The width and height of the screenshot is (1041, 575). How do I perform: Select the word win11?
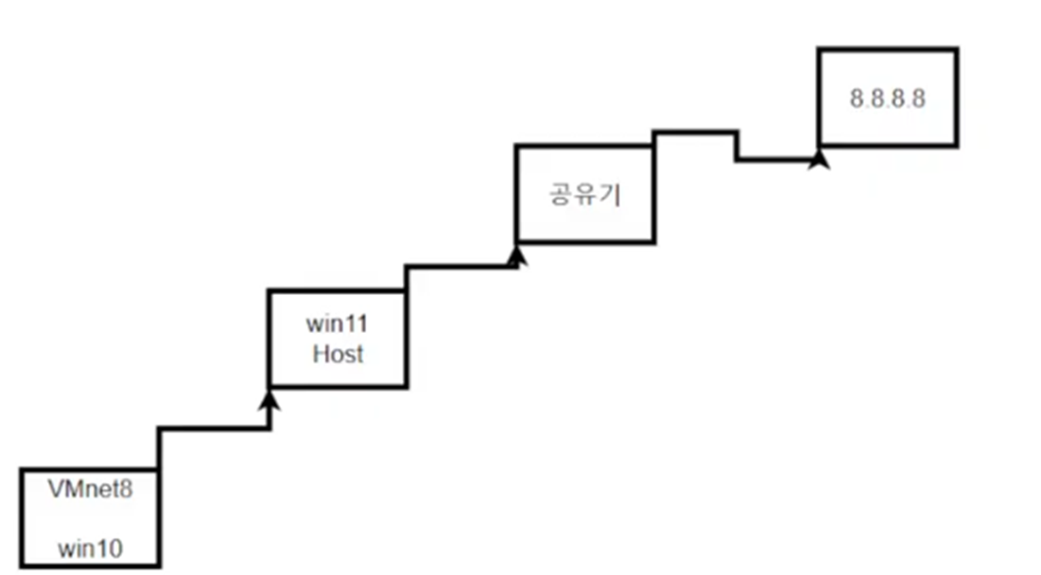coord(337,324)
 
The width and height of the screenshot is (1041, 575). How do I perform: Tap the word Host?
coord(338,356)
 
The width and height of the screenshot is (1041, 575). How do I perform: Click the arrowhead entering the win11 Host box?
coord(270,401)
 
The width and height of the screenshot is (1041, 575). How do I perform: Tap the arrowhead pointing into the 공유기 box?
coord(516,255)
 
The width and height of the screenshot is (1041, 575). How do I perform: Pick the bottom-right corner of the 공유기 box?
coord(652,240)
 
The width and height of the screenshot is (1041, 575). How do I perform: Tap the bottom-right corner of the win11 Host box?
coord(407,386)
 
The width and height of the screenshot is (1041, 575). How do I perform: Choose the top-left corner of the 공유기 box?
coord(516,146)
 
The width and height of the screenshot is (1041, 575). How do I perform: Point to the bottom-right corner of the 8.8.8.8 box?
coord(957,146)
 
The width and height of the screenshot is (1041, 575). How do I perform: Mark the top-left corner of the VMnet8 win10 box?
coord(21,469)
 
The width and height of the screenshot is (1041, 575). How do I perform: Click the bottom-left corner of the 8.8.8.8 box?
coord(819,146)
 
